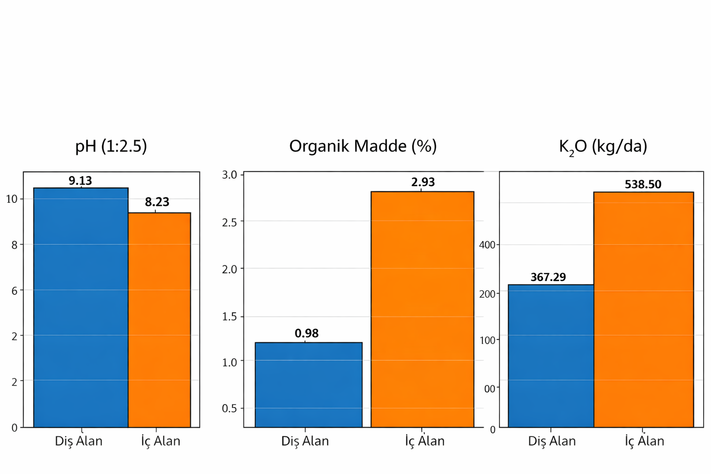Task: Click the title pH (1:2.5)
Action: coord(111,146)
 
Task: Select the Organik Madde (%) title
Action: coord(363,146)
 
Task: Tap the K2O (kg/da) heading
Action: coord(603,146)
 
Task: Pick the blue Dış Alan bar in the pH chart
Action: coord(81,307)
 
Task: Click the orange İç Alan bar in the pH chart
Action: coord(159,319)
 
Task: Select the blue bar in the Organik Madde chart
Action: coord(309,385)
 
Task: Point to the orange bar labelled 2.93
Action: coord(422,309)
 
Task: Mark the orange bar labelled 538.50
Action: coord(643,309)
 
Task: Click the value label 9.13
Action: coord(80,181)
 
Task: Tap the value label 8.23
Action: coord(157,202)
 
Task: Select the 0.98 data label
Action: coord(306,333)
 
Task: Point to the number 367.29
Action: coord(548,277)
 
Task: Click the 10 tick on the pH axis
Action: coord(12,199)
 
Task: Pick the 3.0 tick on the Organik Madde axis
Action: coord(230,175)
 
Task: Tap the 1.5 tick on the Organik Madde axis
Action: coord(230,317)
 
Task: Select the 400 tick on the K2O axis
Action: coord(487,245)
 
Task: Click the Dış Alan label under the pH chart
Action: coord(79,441)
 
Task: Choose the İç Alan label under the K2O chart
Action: coord(644,441)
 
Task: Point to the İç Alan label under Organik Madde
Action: coord(425,441)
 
